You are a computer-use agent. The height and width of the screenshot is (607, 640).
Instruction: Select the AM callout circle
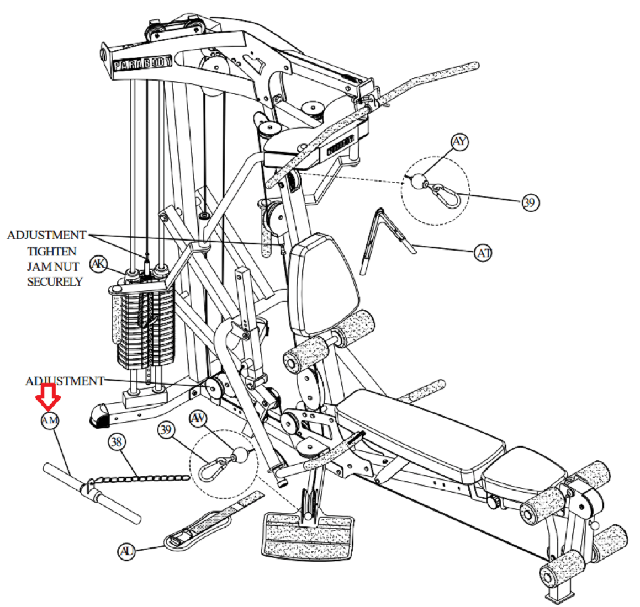(50, 420)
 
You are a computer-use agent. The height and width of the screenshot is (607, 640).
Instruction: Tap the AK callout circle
(99, 264)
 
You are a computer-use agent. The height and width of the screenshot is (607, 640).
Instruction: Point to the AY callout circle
(459, 142)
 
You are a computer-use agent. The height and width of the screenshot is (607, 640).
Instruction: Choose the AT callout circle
(483, 253)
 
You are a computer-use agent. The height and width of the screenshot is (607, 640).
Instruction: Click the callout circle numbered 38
(117, 441)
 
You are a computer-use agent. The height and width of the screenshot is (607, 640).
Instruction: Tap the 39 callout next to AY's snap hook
(530, 203)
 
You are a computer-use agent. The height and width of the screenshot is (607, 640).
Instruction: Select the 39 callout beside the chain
(167, 430)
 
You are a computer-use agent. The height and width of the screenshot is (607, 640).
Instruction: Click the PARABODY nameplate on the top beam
(142, 62)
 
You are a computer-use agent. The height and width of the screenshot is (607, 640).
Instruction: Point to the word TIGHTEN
(52, 251)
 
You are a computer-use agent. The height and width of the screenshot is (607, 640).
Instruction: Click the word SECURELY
(55, 281)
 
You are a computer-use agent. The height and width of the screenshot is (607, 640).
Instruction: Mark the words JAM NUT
(53, 267)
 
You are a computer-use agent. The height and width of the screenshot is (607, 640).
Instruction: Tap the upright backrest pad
(323, 281)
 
